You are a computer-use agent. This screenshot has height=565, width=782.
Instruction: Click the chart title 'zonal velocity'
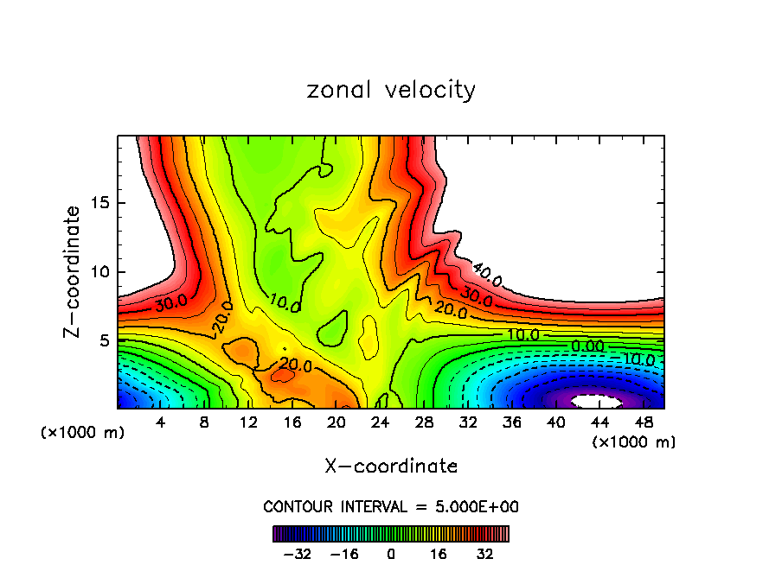(x=391, y=90)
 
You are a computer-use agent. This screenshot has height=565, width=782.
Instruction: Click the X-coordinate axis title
(x=391, y=467)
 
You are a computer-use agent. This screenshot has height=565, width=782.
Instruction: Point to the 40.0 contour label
(x=487, y=276)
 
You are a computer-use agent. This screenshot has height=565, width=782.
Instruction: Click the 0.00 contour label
(x=588, y=346)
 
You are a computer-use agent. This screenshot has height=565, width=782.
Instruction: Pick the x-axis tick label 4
(x=160, y=422)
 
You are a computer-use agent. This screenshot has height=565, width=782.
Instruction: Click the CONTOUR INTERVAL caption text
(x=391, y=506)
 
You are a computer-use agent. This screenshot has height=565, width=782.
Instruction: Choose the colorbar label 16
(x=439, y=554)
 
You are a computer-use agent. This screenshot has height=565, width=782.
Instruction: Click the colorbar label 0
(x=392, y=554)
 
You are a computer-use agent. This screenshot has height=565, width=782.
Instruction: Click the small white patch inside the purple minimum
(x=598, y=402)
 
